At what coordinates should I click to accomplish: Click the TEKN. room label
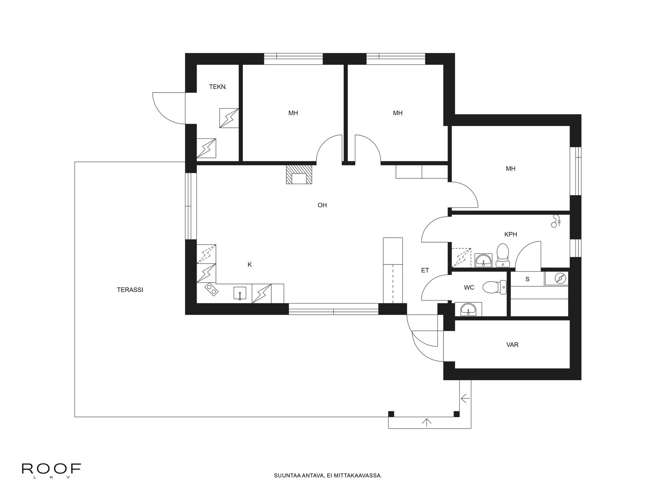click(218, 87)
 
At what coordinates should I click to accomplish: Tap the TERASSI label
click(130, 290)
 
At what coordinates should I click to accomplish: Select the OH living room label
click(322, 205)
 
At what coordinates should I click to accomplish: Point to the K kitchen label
click(250, 264)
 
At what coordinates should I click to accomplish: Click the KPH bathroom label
click(510, 234)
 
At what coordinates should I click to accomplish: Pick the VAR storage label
click(512, 345)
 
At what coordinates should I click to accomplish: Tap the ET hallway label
click(425, 270)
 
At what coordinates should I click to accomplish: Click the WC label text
click(469, 288)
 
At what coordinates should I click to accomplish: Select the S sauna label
click(528, 279)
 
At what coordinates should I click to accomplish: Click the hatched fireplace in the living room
click(299, 175)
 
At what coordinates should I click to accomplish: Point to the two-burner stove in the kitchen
click(211, 290)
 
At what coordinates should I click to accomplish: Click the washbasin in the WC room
click(468, 310)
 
